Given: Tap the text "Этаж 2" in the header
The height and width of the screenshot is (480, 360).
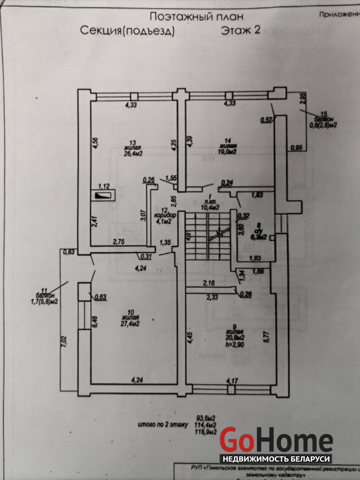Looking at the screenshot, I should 240,31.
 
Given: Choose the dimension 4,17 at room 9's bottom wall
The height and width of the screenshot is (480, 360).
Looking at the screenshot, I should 231,380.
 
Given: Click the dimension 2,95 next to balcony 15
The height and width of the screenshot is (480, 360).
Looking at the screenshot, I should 303,97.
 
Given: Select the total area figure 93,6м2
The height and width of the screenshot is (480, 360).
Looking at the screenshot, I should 206,418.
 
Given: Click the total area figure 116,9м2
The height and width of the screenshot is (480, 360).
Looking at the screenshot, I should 206,431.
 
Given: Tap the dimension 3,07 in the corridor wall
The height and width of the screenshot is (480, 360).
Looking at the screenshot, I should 143,215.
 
